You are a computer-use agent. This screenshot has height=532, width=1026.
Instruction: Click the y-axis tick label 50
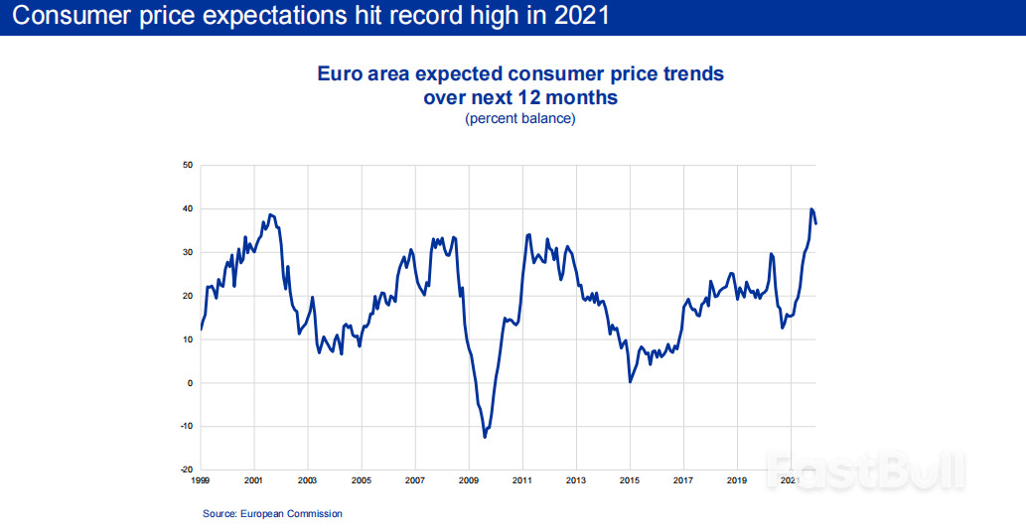pos(187,165)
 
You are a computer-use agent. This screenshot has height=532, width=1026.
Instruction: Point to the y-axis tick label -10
pos(186,427)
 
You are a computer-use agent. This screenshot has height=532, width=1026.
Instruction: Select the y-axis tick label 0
pos(189,383)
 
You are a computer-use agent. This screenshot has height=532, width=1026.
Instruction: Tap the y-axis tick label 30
pos(187,252)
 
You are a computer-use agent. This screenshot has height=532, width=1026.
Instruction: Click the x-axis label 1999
pos(200,481)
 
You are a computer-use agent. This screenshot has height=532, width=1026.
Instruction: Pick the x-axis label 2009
pos(469,481)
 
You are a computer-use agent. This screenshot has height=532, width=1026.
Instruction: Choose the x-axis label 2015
pos(630,481)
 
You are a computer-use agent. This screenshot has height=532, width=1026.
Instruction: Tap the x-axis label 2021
pos(791,481)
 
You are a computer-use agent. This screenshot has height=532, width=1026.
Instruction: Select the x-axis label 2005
pos(362,481)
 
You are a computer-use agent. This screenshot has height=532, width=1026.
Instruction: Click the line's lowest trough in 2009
pos(485,437)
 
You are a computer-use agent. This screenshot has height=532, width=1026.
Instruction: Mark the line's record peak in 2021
pos(811,209)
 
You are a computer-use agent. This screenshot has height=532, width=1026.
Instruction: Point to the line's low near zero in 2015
pos(630,381)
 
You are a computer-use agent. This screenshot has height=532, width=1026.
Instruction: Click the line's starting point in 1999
pos(201,329)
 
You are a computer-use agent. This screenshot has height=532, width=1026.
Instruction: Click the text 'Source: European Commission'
pos(272,513)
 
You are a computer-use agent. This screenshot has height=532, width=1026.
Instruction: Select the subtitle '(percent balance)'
pos(519,119)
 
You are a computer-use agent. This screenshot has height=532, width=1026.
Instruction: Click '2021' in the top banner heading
pos(577,17)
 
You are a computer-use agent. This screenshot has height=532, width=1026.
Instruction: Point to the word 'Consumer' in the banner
pos(62,17)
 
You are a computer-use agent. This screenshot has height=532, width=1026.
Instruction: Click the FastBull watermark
pos(864,470)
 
